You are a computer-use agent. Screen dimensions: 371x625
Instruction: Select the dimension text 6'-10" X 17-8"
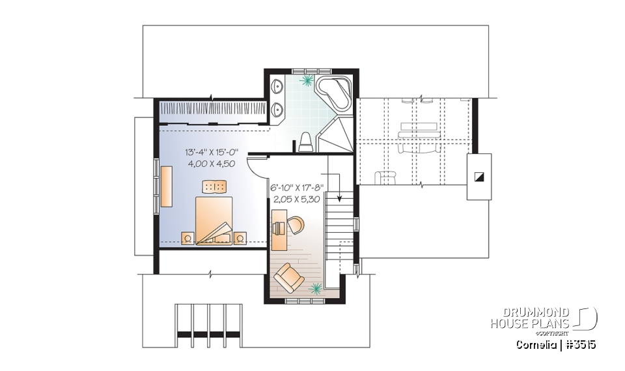[x=296, y=189]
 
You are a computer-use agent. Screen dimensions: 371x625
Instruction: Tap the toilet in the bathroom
[x=305, y=142]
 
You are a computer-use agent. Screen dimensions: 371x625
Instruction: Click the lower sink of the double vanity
[x=279, y=109]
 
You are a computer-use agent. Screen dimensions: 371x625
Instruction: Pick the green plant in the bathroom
[x=306, y=81]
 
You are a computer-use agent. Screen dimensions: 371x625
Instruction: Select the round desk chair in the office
[x=295, y=225]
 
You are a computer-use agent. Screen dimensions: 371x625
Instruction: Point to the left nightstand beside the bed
[x=187, y=238]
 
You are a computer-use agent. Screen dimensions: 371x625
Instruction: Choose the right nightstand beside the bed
[x=241, y=238]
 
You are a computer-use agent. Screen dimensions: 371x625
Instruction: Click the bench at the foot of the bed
[x=215, y=187]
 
